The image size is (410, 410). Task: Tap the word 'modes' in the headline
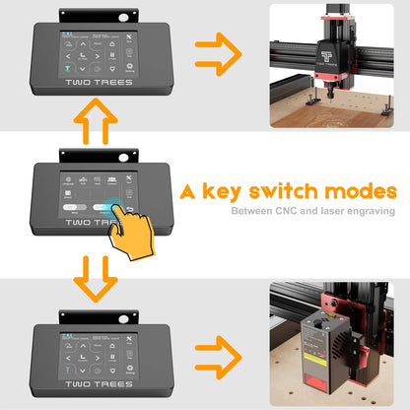[364, 191]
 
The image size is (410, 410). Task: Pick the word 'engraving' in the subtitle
[371, 211]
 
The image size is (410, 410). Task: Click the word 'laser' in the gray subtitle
[332, 211]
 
